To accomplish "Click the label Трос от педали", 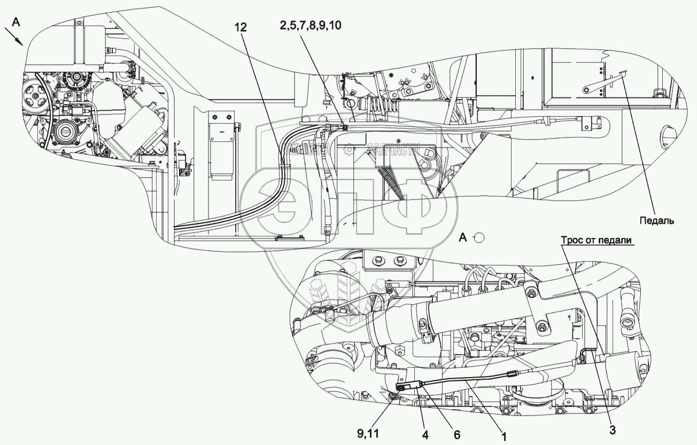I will point(597,241).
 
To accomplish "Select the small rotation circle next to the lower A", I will point(479,237).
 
